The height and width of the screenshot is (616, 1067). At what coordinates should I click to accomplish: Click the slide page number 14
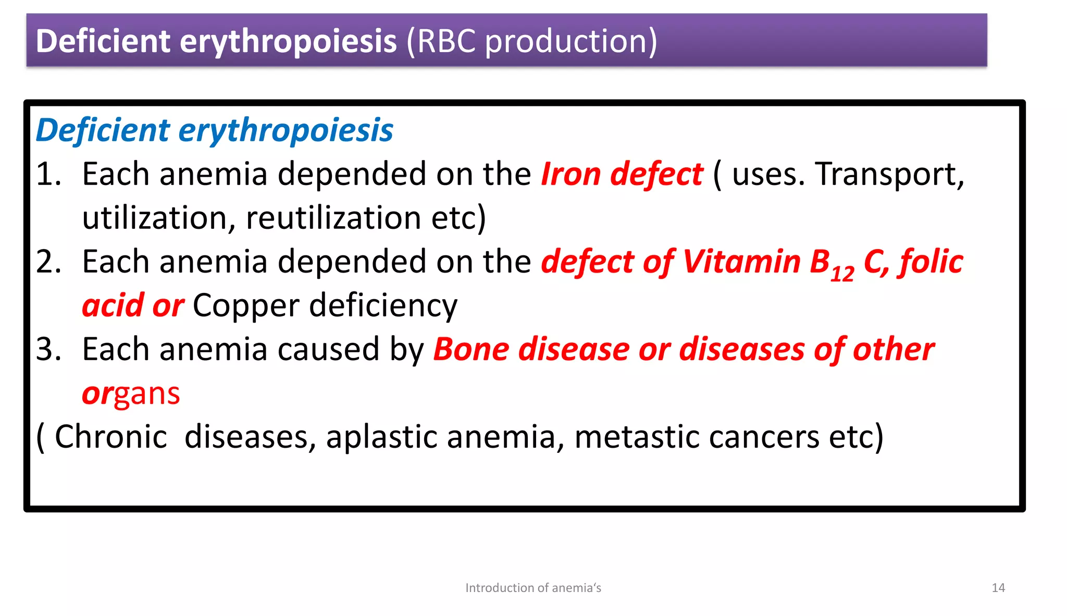coord(998,588)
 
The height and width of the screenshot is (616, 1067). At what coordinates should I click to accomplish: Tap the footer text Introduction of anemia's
coord(533,588)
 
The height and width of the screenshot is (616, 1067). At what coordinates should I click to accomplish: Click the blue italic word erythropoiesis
coord(286,130)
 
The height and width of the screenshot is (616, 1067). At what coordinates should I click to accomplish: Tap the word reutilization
coord(333,218)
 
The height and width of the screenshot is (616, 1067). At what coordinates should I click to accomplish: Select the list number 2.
coord(47,262)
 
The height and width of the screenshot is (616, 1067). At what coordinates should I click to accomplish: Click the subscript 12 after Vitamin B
coord(842,273)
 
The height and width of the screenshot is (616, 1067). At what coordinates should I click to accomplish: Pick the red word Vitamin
coord(741,262)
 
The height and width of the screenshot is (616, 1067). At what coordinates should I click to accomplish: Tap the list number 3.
coord(47,349)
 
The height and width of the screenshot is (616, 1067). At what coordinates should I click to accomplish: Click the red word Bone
coord(471,349)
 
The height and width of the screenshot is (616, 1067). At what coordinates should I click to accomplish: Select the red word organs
coord(131,393)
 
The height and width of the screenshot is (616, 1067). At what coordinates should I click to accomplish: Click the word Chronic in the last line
coord(110,437)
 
